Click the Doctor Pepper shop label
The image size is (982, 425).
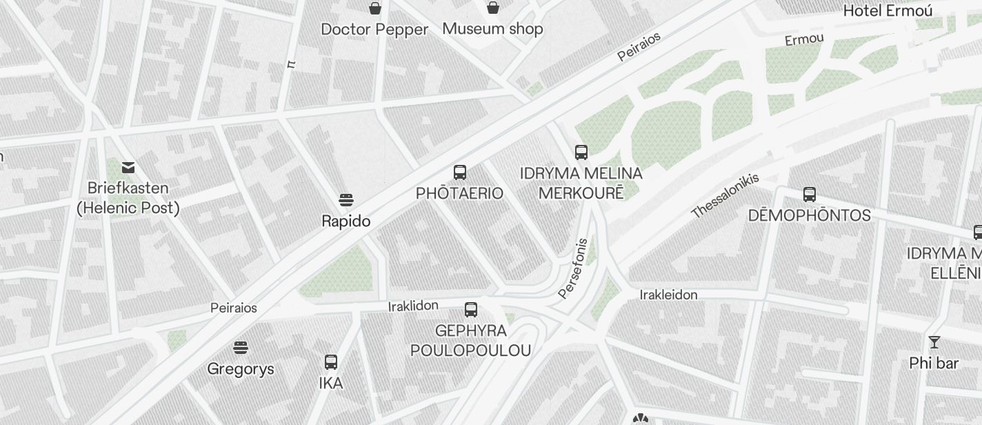[x=374, y=30]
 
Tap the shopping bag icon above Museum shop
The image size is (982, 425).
[x=493, y=8]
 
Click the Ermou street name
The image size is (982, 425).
[x=804, y=39]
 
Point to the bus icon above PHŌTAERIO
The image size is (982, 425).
[x=460, y=172]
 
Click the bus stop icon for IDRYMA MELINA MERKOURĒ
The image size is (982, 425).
[x=581, y=152]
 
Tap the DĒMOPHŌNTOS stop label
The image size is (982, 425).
[x=809, y=215]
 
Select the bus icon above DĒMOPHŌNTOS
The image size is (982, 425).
[x=810, y=195]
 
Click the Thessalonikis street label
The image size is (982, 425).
[x=725, y=195]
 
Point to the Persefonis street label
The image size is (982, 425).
[x=573, y=269]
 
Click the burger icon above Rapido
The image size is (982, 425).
[x=346, y=201]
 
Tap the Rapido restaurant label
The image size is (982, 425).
[x=346, y=221]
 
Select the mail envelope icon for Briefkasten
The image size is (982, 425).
[x=128, y=168]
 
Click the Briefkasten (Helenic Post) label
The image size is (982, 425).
[x=128, y=197]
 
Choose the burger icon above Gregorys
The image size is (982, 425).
[x=241, y=348]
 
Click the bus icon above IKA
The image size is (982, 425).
[x=331, y=362]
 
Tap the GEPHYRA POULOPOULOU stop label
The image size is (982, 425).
[x=471, y=341]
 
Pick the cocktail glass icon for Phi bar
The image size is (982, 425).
[x=934, y=342]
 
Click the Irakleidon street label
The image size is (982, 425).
[x=668, y=295]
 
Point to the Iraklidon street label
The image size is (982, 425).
[x=413, y=306]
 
